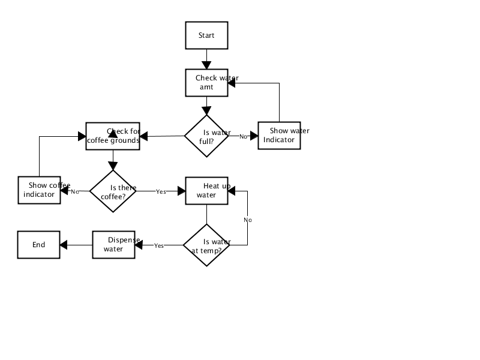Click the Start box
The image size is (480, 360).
pyautogui.click(x=206, y=35)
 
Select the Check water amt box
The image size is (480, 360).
pyautogui.click(x=206, y=83)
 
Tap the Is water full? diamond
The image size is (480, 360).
pyautogui.click(x=206, y=136)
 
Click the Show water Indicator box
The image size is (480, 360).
pyautogui.click(x=279, y=136)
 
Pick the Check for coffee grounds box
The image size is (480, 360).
pyautogui.click(x=113, y=136)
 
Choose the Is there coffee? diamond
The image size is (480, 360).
pyautogui.click(x=113, y=191)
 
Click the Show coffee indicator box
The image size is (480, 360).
pyautogui.click(x=39, y=190)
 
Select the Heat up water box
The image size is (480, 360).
pyautogui.click(x=206, y=191)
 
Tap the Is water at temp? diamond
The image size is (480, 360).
pyautogui.click(x=206, y=245)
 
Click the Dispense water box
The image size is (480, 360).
pyautogui.click(x=113, y=245)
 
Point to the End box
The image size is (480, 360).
pyautogui.click(x=38, y=245)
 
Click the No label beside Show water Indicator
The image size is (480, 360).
pyautogui.click(x=244, y=137)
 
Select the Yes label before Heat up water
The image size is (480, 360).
pyautogui.click(x=161, y=191)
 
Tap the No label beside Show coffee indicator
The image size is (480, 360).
pyautogui.click(x=75, y=191)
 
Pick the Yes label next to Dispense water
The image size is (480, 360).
pyautogui.click(x=159, y=245)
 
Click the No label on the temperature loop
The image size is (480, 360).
pyautogui.click(x=248, y=220)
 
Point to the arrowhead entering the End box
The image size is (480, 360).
pyautogui.click(x=64, y=245)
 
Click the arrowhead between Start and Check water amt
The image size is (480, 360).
pyautogui.click(x=206, y=65)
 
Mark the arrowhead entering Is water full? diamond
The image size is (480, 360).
pyautogui.click(x=206, y=111)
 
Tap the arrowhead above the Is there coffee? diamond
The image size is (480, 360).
pyautogui.click(x=113, y=166)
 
